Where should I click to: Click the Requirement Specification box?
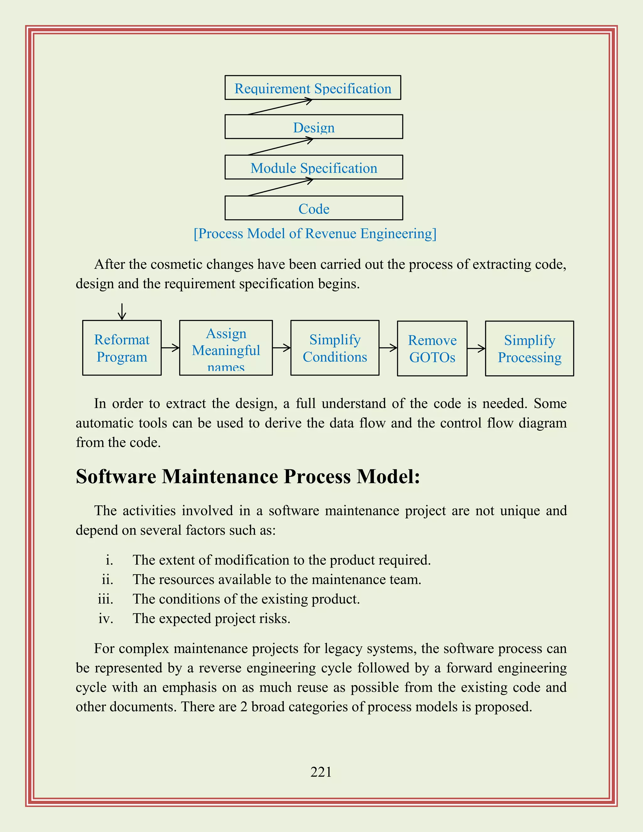point(313,88)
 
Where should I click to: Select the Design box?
point(314,127)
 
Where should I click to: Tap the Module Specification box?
point(314,168)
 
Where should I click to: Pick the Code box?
point(314,208)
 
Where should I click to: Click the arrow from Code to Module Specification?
point(280,187)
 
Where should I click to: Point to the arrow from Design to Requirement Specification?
point(280,107)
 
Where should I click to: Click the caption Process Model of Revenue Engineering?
point(315,234)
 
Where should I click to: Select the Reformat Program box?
point(122,348)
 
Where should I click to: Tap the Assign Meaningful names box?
point(226,348)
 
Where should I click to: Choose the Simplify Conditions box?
point(335,348)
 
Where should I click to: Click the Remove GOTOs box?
point(432,348)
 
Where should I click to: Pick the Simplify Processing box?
point(529,348)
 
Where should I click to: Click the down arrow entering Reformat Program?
point(122,312)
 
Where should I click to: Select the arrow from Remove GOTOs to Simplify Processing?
point(476,348)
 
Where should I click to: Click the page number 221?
point(321,772)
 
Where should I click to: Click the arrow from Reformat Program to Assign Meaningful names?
point(170,348)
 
